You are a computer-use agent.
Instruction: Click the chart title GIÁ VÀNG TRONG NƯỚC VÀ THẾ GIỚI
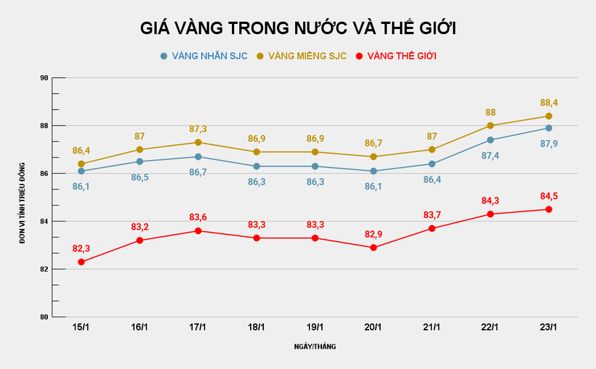(x=298, y=28)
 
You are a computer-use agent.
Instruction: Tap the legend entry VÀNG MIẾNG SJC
(x=305, y=56)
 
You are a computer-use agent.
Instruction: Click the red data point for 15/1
(x=81, y=261)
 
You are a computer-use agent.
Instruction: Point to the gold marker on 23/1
(x=549, y=116)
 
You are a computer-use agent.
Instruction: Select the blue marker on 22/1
(x=490, y=140)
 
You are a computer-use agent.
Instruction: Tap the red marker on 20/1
(x=374, y=248)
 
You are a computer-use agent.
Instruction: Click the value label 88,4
(x=549, y=102)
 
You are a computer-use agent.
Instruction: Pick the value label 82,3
(x=81, y=248)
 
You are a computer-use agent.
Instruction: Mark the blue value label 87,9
(x=549, y=143)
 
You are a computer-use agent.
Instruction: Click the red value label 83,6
(x=198, y=217)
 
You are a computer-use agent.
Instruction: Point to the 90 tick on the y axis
(x=44, y=78)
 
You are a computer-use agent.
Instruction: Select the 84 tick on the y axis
(x=44, y=222)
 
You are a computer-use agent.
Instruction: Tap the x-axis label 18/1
(x=257, y=328)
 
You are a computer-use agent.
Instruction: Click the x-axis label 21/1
(x=432, y=328)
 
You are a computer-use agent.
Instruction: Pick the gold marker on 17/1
(x=198, y=142)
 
